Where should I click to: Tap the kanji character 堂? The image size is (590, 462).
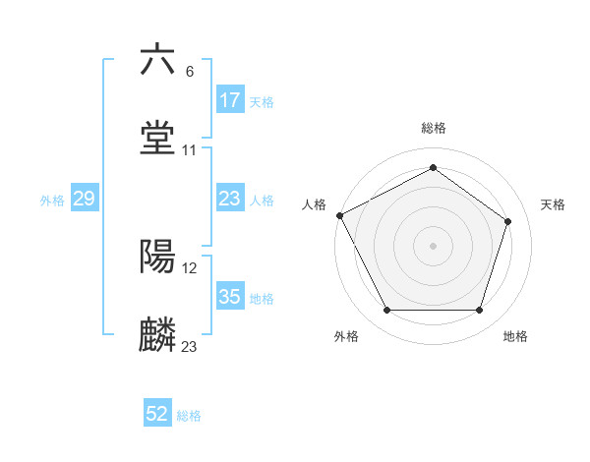(x=158, y=138)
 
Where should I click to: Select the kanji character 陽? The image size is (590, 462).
(x=158, y=257)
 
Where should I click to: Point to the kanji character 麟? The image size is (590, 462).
(x=158, y=335)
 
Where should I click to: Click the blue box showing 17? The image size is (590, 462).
(x=230, y=100)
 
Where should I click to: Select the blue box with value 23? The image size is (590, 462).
(x=230, y=199)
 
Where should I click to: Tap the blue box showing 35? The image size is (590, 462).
(x=230, y=297)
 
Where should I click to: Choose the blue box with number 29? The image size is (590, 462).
(x=84, y=199)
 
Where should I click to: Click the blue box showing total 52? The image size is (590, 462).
(x=157, y=415)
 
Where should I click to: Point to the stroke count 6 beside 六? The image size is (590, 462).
(x=190, y=71)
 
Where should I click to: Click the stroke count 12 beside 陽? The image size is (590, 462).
(x=189, y=267)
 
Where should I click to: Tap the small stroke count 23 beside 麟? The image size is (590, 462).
(x=189, y=346)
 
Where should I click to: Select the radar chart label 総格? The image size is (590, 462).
(x=434, y=129)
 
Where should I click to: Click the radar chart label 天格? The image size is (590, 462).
(x=553, y=204)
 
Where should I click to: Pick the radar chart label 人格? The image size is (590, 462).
(x=314, y=204)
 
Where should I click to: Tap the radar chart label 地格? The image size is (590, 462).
(x=515, y=337)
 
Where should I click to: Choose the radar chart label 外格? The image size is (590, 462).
(x=346, y=337)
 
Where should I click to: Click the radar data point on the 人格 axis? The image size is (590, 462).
(x=339, y=215)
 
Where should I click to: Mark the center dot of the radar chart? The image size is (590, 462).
(x=434, y=245)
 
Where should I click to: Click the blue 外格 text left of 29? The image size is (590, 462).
(x=52, y=200)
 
